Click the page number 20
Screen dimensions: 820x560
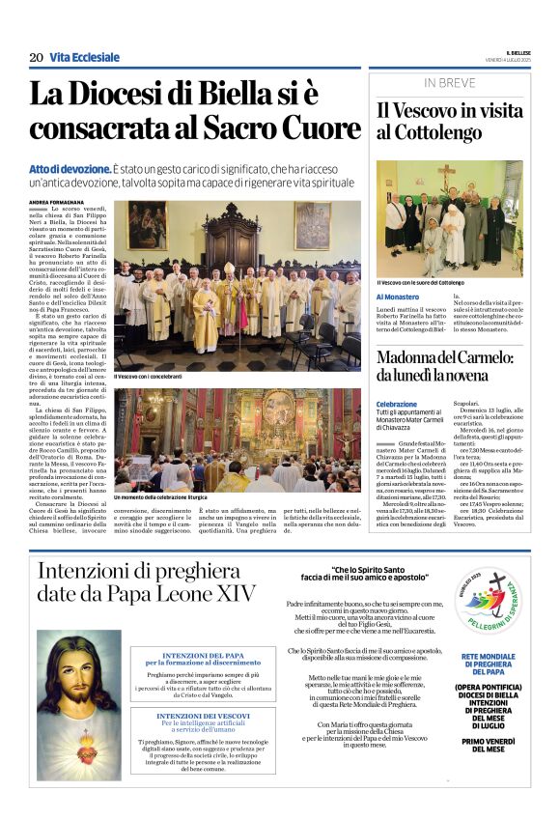(36, 58)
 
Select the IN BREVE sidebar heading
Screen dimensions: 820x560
(449, 83)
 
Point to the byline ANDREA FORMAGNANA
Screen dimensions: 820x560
(59, 202)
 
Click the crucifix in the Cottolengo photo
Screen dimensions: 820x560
(446, 176)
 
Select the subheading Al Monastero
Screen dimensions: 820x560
(398, 297)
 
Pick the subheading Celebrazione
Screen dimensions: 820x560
(397, 405)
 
